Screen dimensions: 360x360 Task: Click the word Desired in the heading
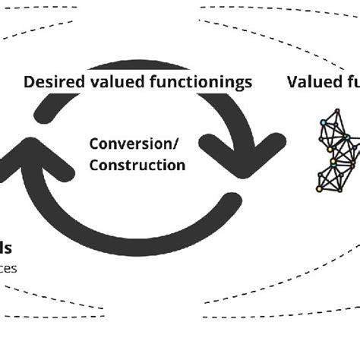tap(51, 83)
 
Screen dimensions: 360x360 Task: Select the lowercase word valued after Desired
tap(110, 83)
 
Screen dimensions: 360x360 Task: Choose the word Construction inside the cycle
tap(137, 164)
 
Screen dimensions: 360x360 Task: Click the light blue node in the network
tap(324, 122)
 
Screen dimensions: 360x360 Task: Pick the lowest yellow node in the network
tap(320, 187)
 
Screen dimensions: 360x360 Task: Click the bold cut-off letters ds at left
tap(6, 248)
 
